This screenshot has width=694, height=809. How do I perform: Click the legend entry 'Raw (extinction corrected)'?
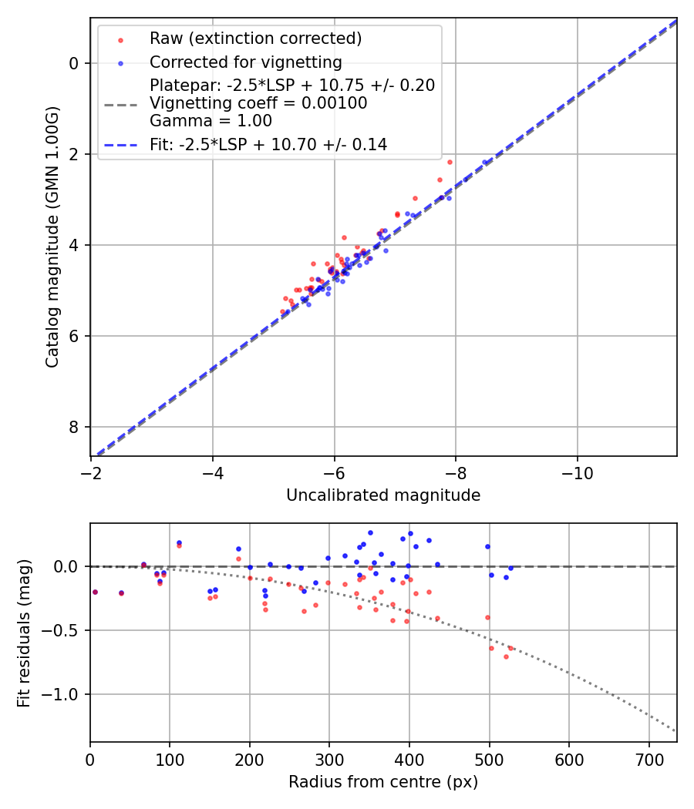click(255, 39)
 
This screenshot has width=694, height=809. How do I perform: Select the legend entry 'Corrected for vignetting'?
click(246, 62)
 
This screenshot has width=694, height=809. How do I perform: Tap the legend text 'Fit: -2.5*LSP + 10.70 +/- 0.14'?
click(268, 144)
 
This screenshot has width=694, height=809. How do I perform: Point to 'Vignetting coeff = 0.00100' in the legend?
click(258, 102)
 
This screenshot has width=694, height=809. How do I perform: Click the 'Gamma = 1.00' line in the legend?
click(211, 120)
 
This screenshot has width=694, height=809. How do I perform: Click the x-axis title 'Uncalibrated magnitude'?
click(383, 495)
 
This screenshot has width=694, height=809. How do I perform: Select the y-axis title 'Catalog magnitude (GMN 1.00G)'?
click(52, 237)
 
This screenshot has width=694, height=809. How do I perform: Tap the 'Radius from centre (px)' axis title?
click(383, 782)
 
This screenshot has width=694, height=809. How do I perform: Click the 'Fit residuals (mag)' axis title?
click(24, 633)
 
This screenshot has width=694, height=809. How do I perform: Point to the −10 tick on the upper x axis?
click(577, 472)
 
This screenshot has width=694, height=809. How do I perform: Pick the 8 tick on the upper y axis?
click(76, 427)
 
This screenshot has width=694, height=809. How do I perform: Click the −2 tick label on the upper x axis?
click(91, 472)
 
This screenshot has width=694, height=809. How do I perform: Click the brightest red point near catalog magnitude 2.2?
click(450, 162)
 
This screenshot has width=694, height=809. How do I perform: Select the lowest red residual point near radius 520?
click(506, 656)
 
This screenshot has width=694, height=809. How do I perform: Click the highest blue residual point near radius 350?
click(370, 532)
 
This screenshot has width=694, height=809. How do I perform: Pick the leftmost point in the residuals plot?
click(95, 592)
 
